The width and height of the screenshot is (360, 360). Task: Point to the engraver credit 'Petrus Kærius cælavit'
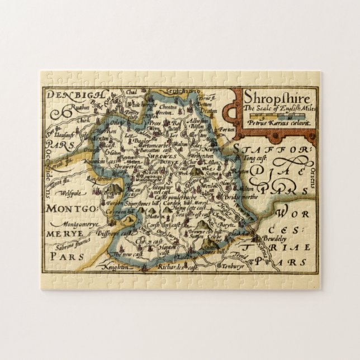click(270, 121)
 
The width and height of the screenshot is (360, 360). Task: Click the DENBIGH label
click(70, 95)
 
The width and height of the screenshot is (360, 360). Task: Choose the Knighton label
click(116, 267)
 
